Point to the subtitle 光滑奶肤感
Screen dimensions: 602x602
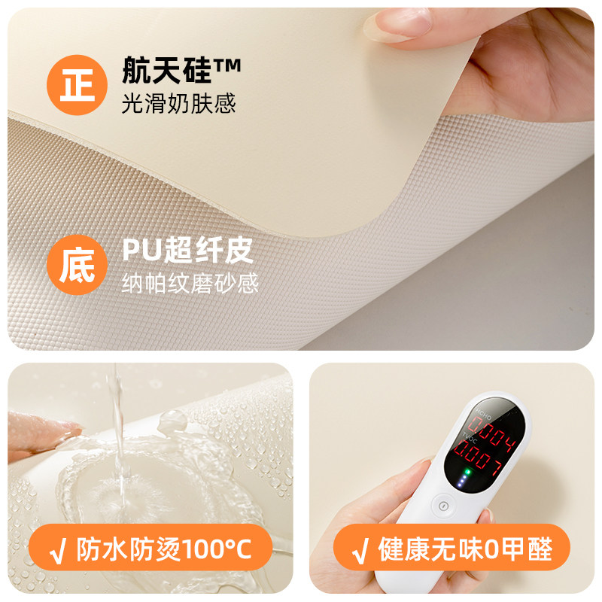pos(179,104)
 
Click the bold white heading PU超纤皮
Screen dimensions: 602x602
pos(187,251)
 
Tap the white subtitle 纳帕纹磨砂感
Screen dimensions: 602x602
pos(190,284)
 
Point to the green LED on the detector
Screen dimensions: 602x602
pos(467,473)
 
